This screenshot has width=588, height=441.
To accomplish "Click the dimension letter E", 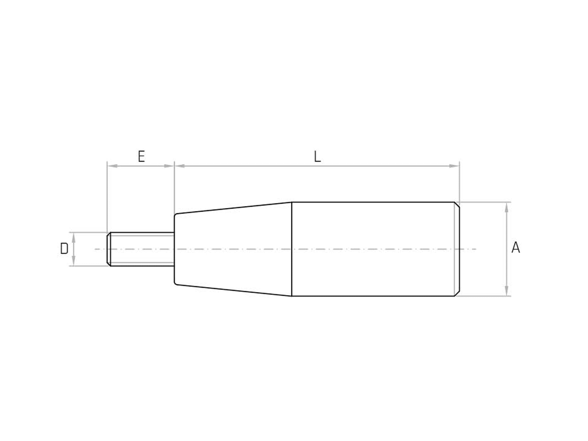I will pyautogui.click(x=141, y=157).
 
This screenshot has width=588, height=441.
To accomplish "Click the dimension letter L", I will pyautogui.click(x=317, y=157).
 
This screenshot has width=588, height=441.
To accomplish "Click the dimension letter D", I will pyautogui.click(x=64, y=249).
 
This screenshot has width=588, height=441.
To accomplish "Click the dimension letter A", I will pyautogui.click(x=516, y=248).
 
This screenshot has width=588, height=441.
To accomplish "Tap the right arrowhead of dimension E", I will pyautogui.click(x=169, y=166).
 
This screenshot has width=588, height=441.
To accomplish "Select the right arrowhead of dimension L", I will pyautogui.click(x=455, y=166).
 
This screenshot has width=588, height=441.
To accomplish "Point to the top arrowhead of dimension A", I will pyautogui.click(x=507, y=207).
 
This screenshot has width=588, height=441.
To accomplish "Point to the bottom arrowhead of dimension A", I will pyautogui.click(x=507, y=291).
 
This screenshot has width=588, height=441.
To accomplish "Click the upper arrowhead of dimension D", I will pyautogui.click(x=73, y=237).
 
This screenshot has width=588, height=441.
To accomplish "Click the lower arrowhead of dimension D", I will pyautogui.click(x=73, y=261).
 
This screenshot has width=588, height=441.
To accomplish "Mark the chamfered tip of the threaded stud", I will pyautogui.click(x=108, y=249).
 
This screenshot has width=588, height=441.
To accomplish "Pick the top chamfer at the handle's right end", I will pyautogui.click(x=457, y=205).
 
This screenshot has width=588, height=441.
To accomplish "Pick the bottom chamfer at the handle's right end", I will pyautogui.click(x=457, y=293).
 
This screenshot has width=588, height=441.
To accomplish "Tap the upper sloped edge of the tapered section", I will pyautogui.click(x=233, y=208).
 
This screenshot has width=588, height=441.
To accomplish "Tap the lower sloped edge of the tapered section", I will pyautogui.click(x=233, y=290).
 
